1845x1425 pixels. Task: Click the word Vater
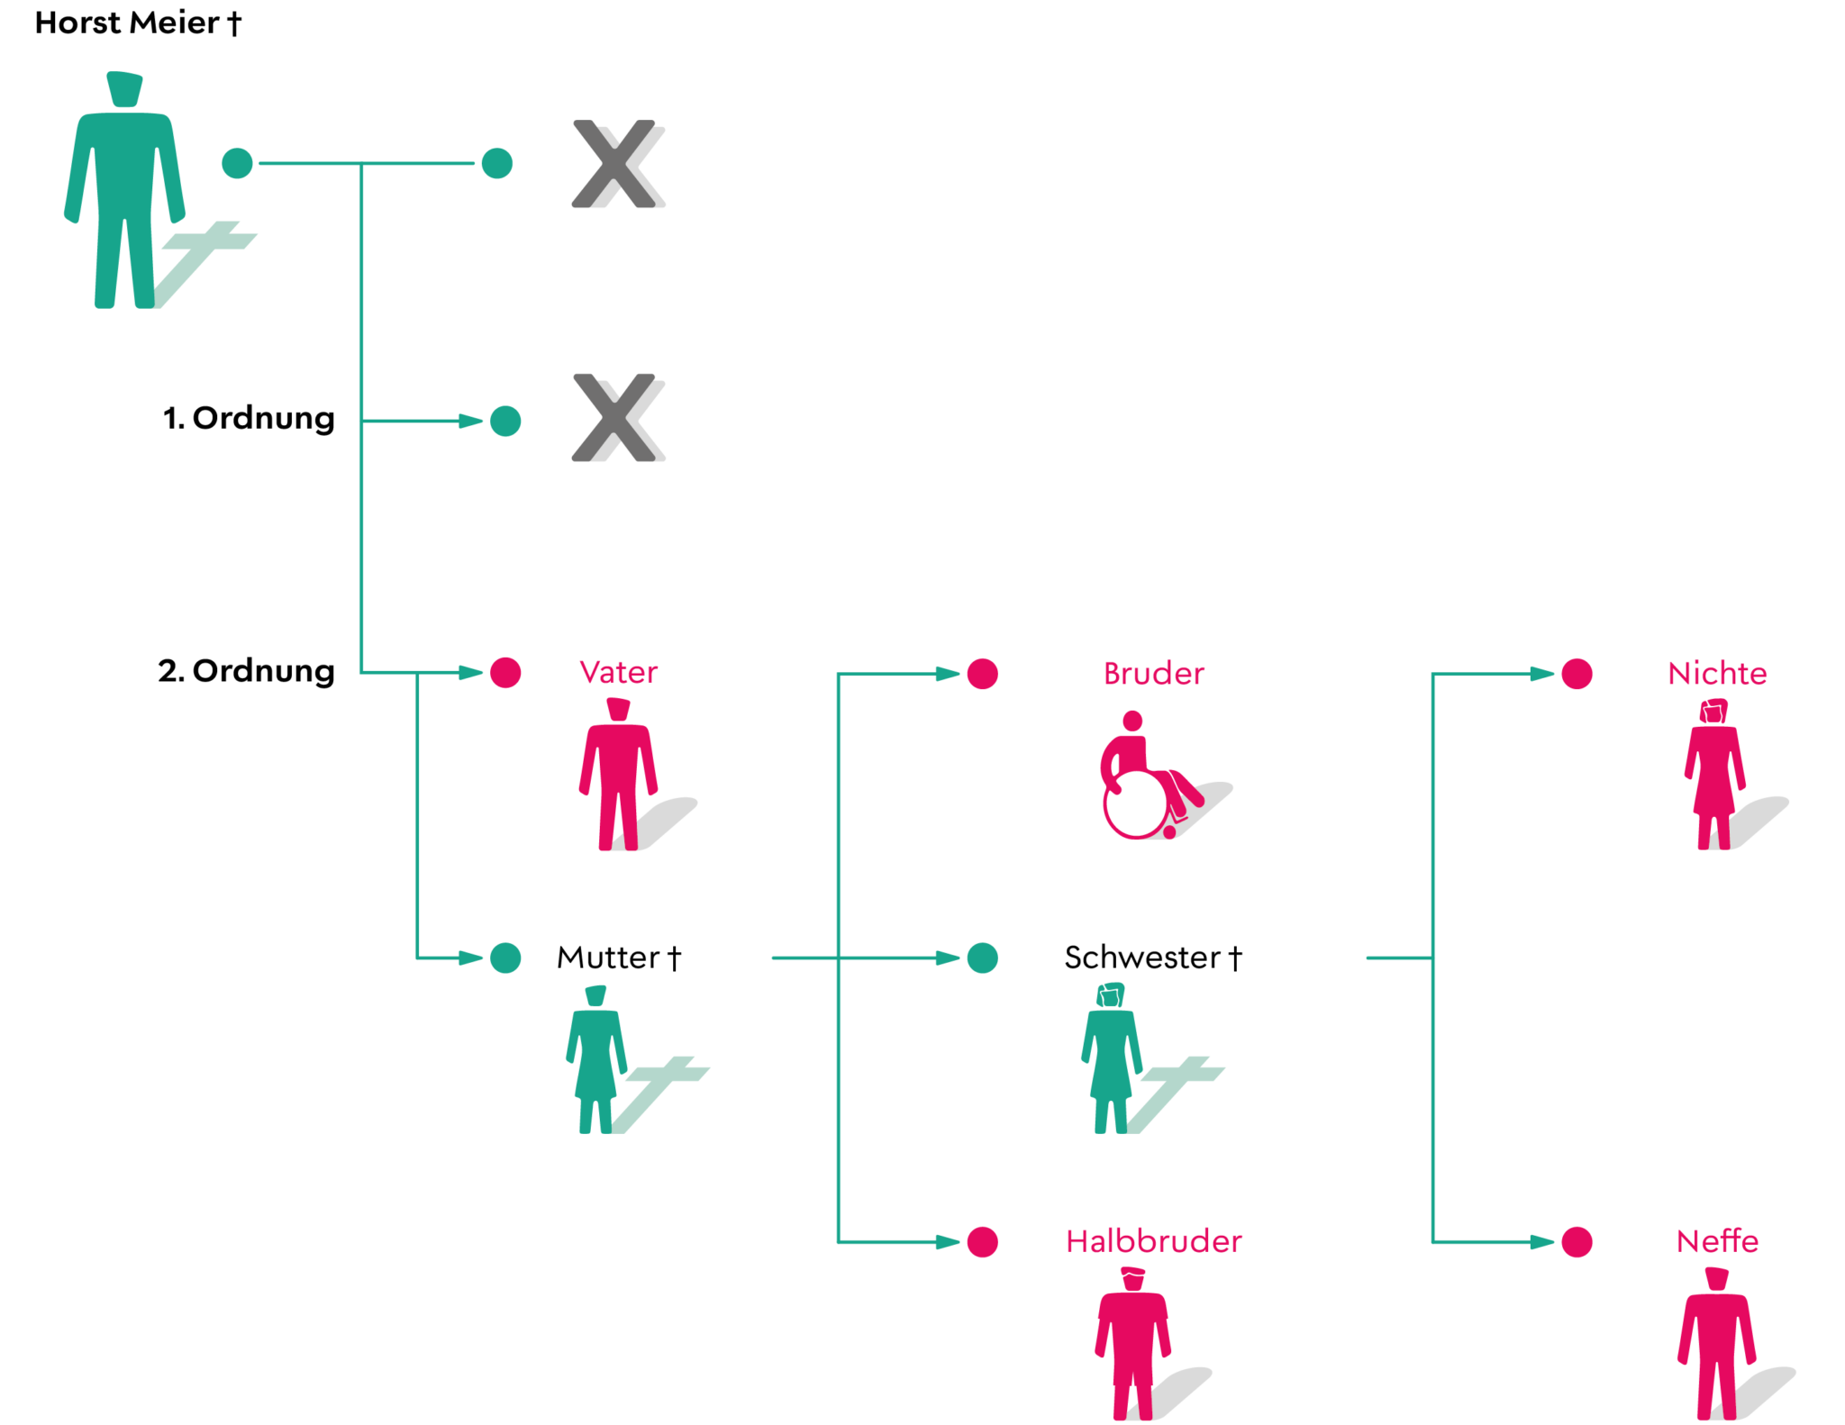[x=618, y=672]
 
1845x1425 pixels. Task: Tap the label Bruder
[x=1153, y=673]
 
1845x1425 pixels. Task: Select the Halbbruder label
[x=1153, y=1240]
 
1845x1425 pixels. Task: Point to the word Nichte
[x=1717, y=673]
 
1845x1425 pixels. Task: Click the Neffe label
[x=1716, y=1240]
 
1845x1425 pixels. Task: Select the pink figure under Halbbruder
[x=1132, y=1342]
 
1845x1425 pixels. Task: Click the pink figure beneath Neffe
[x=1716, y=1342]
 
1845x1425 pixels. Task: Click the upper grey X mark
[x=618, y=164]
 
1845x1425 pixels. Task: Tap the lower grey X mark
[x=618, y=417]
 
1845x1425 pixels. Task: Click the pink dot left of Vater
[x=505, y=672]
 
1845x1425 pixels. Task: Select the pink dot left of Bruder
[x=982, y=673]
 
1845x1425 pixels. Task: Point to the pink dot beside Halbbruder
[x=982, y=1241]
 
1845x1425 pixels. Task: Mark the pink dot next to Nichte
[x=1577, y=673]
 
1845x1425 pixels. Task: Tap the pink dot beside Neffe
[x=1577, y=1241]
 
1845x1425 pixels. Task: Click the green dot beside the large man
[x=238, y=163]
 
